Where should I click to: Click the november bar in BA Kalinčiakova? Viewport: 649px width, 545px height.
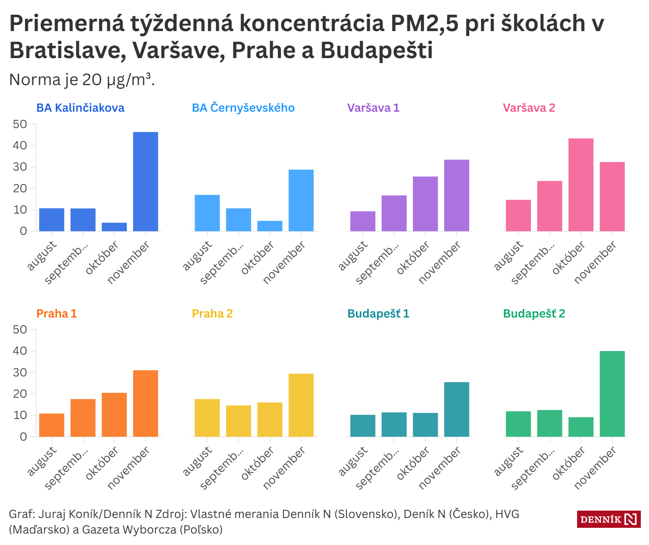pos(145,182)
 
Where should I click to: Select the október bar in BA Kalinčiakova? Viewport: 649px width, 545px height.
pos(114,227)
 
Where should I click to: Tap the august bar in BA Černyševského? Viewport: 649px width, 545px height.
pos(207,213)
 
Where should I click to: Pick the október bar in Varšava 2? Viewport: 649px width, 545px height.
pos(581,185)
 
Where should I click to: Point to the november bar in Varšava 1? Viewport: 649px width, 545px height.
pos(457,196)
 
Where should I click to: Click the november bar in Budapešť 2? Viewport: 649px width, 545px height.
pos(612,394)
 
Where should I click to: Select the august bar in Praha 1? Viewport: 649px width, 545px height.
pos(51,425)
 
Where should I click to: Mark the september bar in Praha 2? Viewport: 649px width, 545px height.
pos(238,421)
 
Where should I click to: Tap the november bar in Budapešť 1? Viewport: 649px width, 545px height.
pos(457,410)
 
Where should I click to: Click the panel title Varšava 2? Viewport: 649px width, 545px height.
pos(529,108)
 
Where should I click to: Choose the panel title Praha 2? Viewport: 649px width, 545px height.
pos(212,314)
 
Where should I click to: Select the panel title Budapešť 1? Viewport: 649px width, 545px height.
pos(378,314)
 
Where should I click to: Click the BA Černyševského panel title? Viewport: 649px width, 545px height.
pos(243,108)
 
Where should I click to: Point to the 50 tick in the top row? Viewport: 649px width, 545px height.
pos(20,124)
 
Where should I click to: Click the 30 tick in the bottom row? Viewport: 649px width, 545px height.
pos(20,373)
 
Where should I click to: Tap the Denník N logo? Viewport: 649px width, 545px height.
pos(609,519)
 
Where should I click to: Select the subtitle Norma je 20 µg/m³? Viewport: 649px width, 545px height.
pos(82,80)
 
